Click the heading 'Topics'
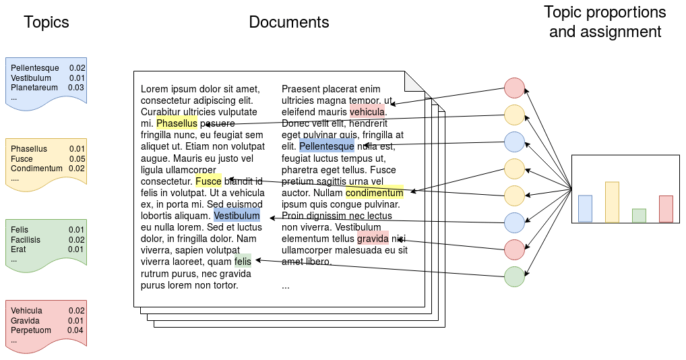[46, 22]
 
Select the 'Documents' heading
[289, 22]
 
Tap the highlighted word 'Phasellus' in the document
[177, 123]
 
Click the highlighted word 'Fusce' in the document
[208, 181]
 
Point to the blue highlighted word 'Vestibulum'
[237, 216]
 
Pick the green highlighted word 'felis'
[243, 261]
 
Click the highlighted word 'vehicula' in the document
[367, 112]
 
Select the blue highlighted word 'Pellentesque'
[326, 146]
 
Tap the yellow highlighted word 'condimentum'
[374, 193]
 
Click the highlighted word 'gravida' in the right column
[373, 239]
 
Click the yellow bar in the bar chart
[612, 202]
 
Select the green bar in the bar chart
[639, 215]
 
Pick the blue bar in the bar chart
[585, 208]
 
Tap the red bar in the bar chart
[666, 208]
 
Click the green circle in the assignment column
[514, 276]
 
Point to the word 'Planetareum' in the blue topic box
[34, 88]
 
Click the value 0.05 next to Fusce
[77, 158]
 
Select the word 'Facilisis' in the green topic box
[26, 240]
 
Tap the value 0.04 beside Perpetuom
[75, 330]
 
